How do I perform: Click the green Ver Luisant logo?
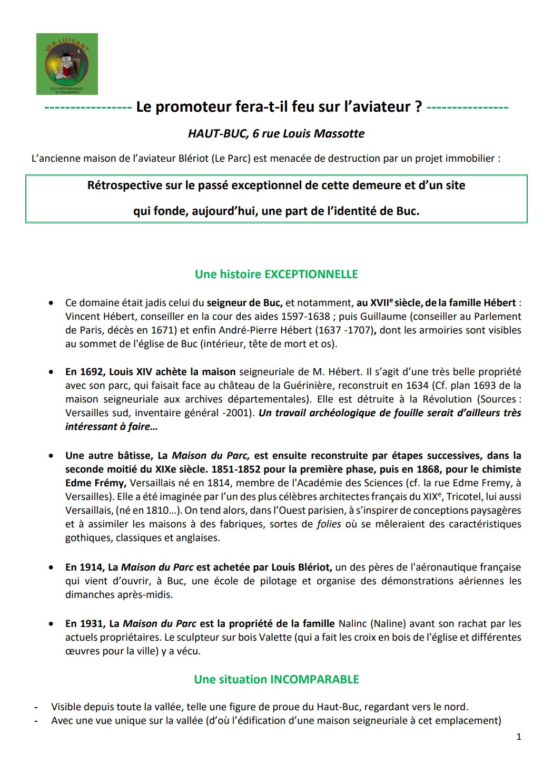click(x=67, y=64)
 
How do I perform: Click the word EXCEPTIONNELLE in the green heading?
click(x=311, y=274)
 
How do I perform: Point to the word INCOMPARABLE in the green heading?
click(x=314, y=679)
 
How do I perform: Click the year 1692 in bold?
click(x=93, y=371)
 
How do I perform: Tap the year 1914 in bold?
click(x=93, y=567)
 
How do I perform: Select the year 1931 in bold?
click(x=93, y=623)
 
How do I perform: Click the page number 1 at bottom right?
click(x=519, y=737)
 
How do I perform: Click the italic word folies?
click(x=329, y=524)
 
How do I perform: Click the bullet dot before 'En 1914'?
click(x=51, y=568)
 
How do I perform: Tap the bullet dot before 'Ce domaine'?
click(x=51, y=303)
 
